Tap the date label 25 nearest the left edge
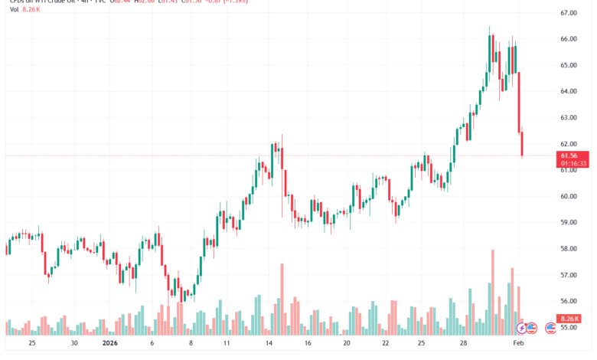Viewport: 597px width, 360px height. tap(31, 344)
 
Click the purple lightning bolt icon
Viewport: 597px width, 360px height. tap(522, 328)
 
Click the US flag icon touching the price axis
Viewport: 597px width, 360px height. tap(550, 328)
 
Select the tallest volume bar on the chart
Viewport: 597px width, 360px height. tap(493, 292)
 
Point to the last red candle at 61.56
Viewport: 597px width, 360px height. tap(523, 144)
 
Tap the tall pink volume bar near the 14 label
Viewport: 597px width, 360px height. tap(282, 299)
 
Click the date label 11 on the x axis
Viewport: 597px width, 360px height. tap(226, 344)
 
